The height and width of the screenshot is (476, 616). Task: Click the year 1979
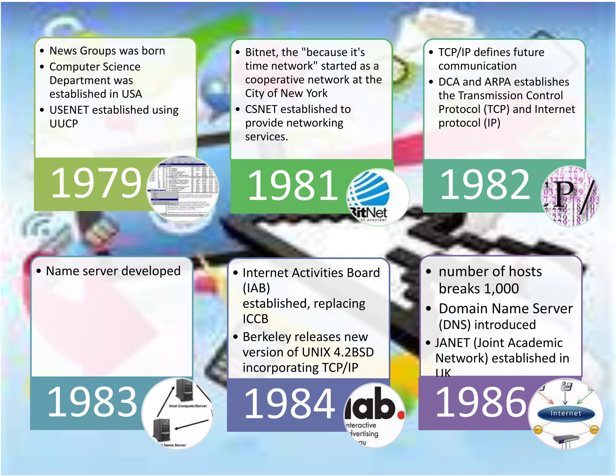96,183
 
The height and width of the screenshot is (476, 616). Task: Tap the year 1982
485,184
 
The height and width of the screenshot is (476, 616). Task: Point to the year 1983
92,402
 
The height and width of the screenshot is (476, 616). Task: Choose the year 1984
289,404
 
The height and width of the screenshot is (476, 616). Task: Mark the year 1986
481,403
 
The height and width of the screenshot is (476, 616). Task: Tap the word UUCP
64,124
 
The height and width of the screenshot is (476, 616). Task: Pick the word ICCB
255,319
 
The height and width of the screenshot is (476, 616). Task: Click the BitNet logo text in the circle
369,213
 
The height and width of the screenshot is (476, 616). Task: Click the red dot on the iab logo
400,415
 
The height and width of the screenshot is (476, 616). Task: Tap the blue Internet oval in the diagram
565,413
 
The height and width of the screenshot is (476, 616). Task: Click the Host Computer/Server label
188,406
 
